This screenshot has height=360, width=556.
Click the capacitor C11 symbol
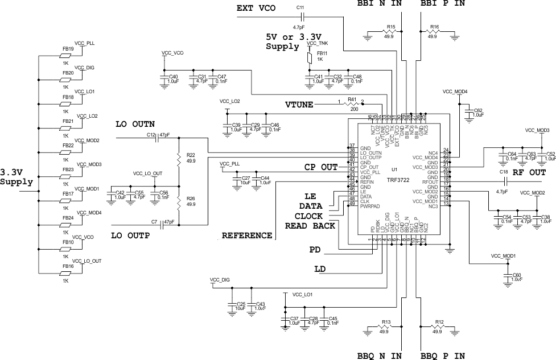pyautogui.click(x=300, y=16)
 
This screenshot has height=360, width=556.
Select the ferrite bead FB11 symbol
pyautogui.click(x=310, y=58)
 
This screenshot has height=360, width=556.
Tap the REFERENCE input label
pyautogui.click(x=246, y=235)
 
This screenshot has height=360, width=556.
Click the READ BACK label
pyautogui.click(x=310, y=226)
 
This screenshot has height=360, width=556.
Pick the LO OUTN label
pyautogui.click(x=135, y=124)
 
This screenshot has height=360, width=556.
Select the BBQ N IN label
pyautogui.click(x=380, y=355)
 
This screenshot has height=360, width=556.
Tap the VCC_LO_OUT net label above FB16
pyautogui.click(x=89, y=260)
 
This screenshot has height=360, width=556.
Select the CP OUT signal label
pyautogui.click(x=320, y=167)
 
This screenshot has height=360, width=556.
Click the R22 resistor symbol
pyautogui.click(x=179, y=158)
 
